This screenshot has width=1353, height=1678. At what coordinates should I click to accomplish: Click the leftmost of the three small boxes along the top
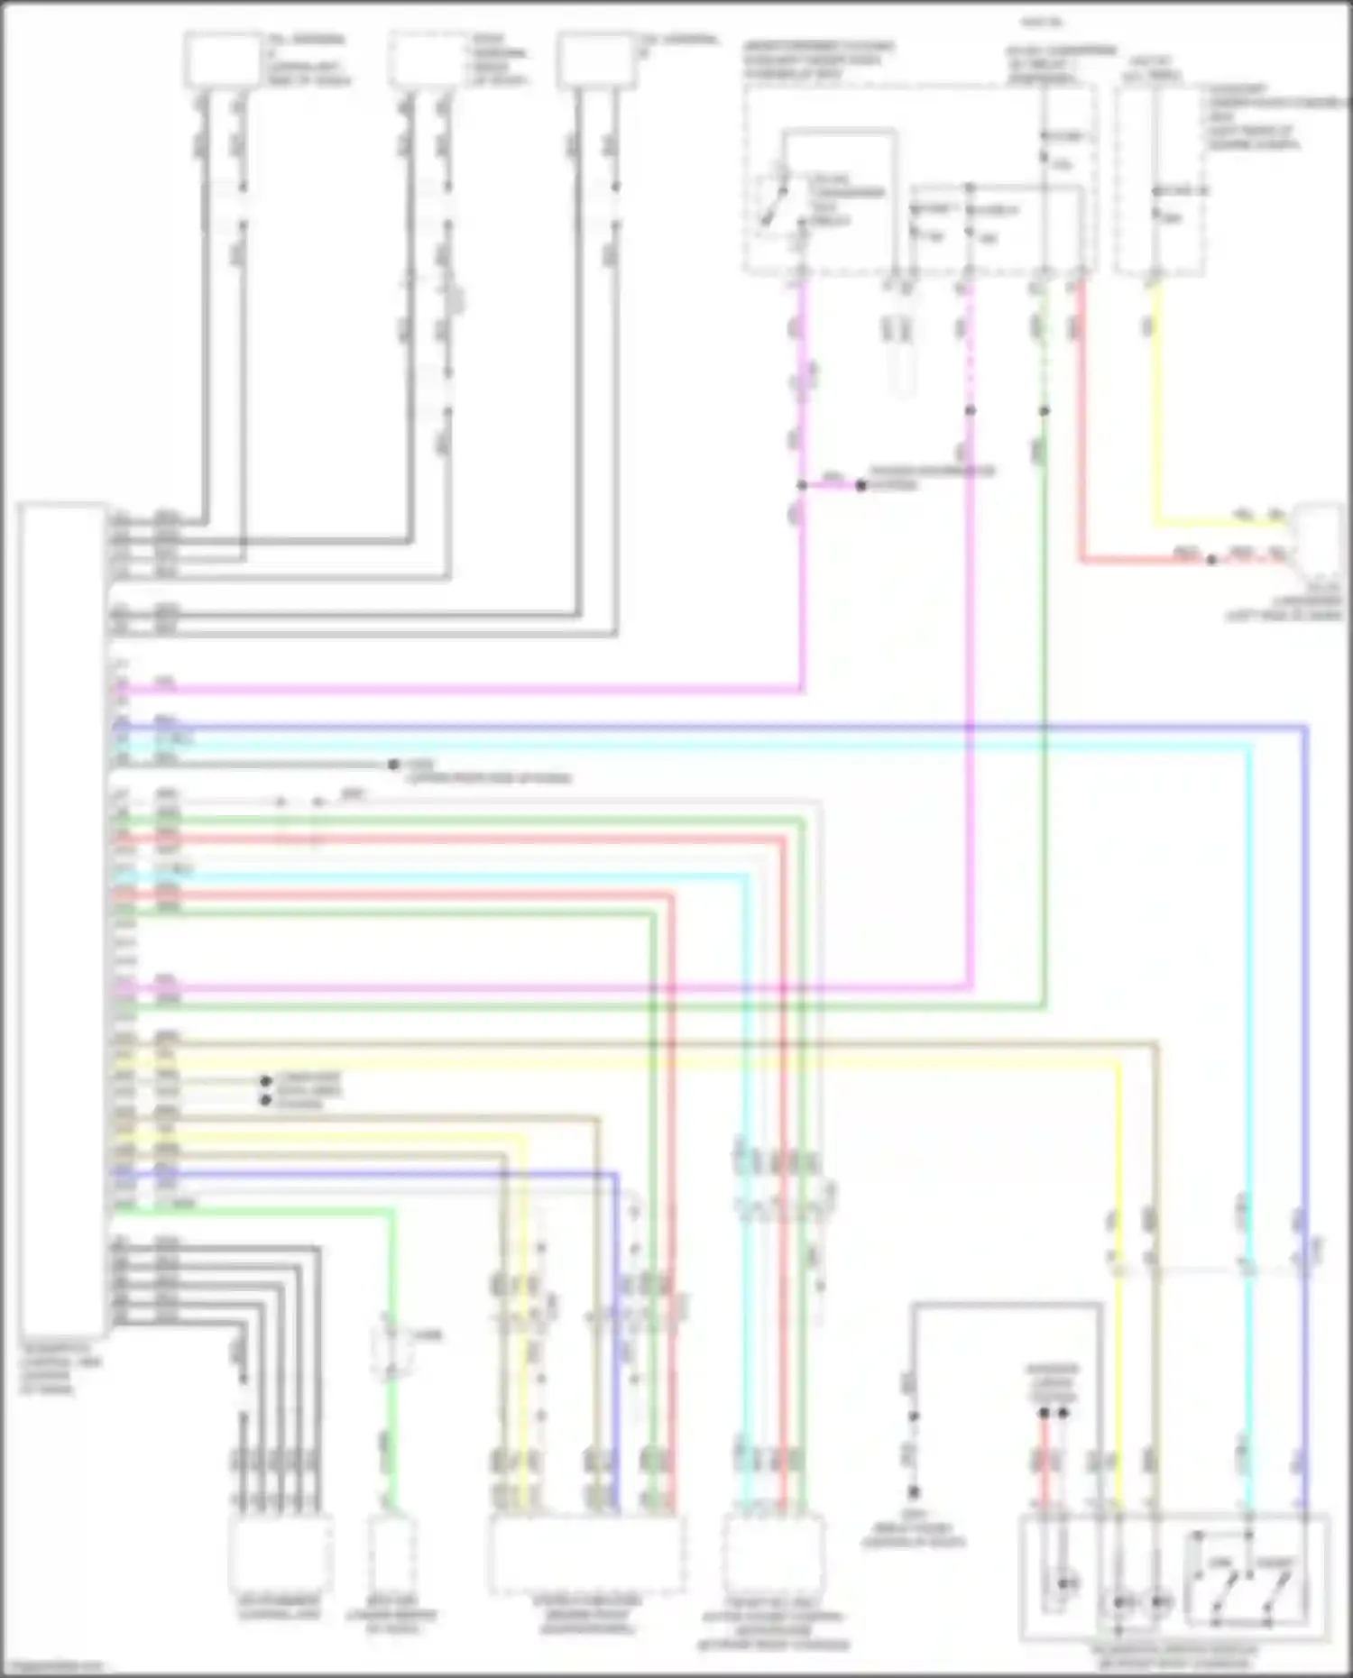click(222, 60)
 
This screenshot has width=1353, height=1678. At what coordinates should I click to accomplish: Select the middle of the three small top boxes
click(426, 60)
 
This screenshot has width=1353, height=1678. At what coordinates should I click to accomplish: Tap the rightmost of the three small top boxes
click(596, 60)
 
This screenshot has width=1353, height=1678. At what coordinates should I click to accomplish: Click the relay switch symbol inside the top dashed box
click(774, 203)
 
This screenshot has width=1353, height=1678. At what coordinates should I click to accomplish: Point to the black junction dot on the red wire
click(1211, 560)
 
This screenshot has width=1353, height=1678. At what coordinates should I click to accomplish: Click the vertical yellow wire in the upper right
click(1156, 406)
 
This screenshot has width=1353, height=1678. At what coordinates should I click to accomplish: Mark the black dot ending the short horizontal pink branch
click(861, 486)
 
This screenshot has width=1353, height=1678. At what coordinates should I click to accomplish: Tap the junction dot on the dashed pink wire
click(971, 410)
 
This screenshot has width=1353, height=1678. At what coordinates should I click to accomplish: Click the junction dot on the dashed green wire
click(1044, 410)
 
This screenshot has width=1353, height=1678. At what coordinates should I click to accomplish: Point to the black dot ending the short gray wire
click(393, 765)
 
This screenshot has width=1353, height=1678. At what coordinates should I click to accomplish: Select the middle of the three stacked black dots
click(266, 1091)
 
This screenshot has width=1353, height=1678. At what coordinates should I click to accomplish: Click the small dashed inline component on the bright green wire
click(391, 1352)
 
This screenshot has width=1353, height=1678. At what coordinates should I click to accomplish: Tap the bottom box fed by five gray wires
click(280, 1553)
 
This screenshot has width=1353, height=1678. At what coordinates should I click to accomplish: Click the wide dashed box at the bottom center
click(586, 1553)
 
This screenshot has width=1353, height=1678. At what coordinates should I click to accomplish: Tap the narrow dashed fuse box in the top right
click(1159, 180)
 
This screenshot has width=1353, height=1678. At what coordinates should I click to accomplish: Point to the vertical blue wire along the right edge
click(1304, 992)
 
